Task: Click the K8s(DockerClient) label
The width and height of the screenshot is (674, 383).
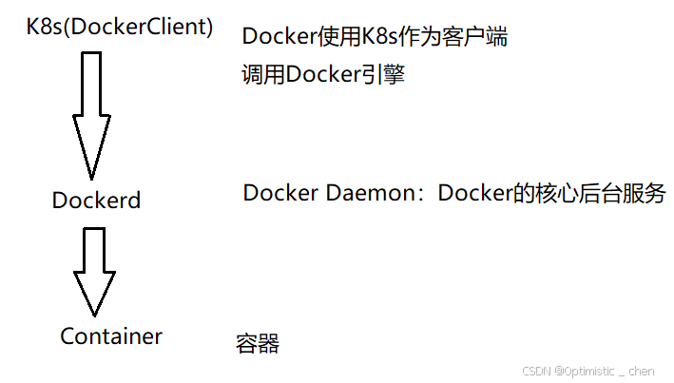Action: [120, 27]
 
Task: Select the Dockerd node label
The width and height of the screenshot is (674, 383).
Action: [96, 201]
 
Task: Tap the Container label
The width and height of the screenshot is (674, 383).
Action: [111, 336]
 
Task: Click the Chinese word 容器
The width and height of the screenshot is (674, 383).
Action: [258, 344]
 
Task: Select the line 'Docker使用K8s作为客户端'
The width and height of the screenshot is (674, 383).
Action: [375, 37]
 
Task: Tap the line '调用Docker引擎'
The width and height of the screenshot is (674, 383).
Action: [324, 75]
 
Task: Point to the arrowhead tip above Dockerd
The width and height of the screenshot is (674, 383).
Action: [91, 177]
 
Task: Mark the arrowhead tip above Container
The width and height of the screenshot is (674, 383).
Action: [93, 314]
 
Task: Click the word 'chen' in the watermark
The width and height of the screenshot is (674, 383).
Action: [641, 370]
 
